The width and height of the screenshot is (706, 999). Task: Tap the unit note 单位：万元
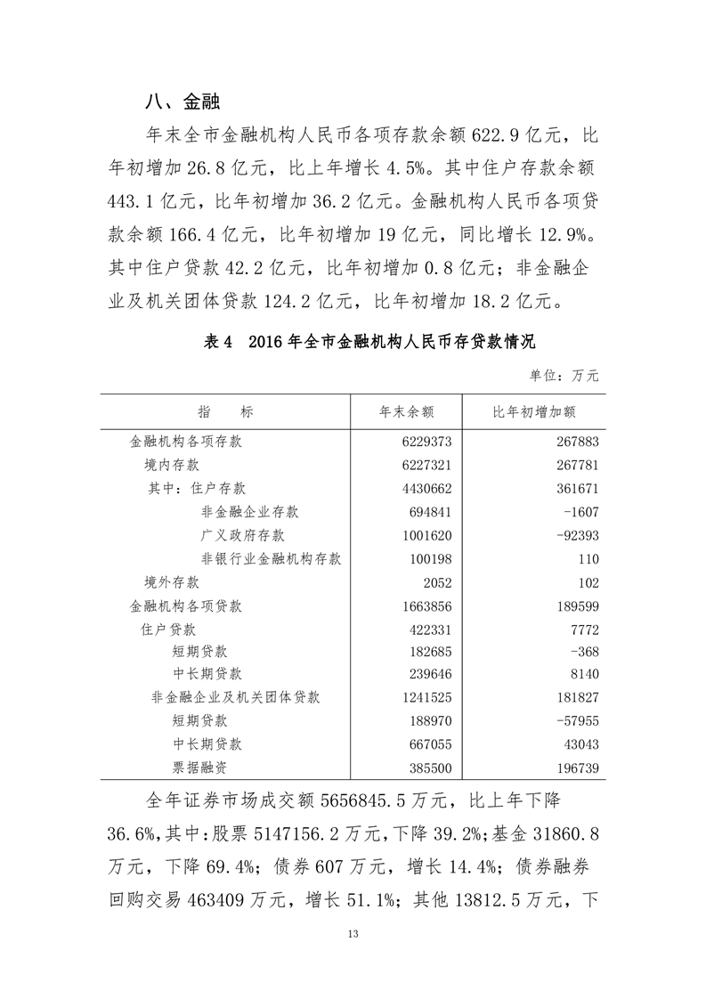(x=564, y=376)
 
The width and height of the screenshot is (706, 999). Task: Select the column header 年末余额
(x=406, y=412)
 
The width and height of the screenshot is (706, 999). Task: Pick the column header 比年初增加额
(x=534, y=412)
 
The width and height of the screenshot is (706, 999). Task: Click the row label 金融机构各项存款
(x=187, y=442)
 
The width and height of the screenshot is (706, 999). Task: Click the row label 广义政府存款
(x=243, y=535)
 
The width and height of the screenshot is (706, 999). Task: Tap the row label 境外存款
(x=172, y=582)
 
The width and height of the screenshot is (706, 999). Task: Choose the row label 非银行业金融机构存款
(x=272, y=559)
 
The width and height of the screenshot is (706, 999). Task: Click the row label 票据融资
(x=200, y=765)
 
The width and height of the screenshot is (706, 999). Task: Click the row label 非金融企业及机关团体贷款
(x=236, y=697)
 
